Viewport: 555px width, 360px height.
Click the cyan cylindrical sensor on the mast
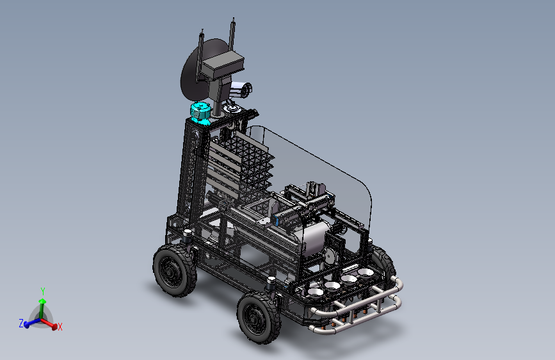pyautogui.click(x=201, y=113)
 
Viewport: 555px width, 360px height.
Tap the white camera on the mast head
pyautogui.click(x=241, y=89)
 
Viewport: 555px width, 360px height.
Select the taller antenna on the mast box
pyautogui.click(x=232, y=35)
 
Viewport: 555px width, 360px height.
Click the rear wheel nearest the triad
pyautogui.click(x=175, y=271)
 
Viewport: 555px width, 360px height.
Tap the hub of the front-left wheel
pyautogui.click(x=254, y=318)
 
